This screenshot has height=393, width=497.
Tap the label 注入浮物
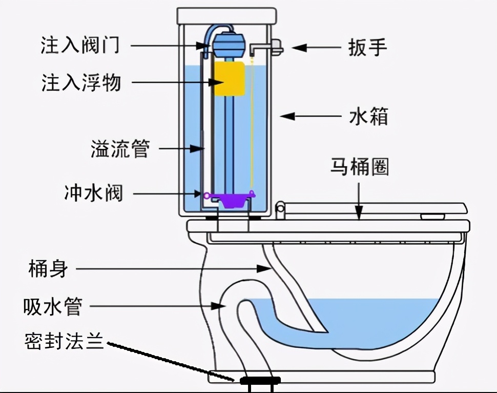point(81,82)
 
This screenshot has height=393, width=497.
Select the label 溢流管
point(119,149)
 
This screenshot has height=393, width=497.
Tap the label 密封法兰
point(64,341)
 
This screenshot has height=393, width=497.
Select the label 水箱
point(368,116)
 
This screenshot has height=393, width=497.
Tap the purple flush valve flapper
point(229,198)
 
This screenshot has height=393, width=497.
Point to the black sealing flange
point(259,380)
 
